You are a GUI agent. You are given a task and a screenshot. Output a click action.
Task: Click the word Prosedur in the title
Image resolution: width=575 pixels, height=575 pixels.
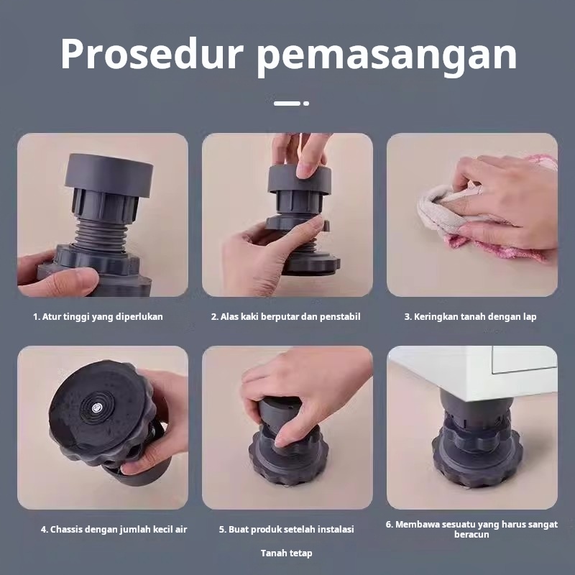pos(152,53)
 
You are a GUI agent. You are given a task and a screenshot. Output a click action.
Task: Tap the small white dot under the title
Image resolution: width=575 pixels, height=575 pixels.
pos(306,103)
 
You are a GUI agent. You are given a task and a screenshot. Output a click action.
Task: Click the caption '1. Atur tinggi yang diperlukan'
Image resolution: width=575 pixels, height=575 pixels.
pos(98,317)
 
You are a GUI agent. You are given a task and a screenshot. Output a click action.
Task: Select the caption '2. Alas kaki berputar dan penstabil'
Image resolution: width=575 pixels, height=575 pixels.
pos(285,317)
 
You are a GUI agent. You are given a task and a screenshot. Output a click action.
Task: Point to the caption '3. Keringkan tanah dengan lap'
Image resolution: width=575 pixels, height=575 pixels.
pos(471,317)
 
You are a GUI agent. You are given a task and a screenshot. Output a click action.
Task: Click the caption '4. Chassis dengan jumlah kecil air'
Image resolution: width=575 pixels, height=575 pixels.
pos(114,530)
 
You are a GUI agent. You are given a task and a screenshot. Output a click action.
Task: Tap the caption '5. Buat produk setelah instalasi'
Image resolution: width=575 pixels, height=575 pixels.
pos(286,530)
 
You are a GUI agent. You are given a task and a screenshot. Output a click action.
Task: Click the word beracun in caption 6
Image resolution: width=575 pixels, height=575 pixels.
pos(471,535)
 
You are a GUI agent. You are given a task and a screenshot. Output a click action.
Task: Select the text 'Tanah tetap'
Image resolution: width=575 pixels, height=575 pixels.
pos(286,553)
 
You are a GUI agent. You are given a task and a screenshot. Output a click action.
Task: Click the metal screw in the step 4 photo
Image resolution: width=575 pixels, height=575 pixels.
pos(97,408)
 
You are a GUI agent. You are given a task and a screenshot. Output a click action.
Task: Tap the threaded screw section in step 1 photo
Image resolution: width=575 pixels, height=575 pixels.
pos(101,236)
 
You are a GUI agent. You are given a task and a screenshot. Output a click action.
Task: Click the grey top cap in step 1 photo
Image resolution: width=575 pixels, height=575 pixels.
pos(109,175)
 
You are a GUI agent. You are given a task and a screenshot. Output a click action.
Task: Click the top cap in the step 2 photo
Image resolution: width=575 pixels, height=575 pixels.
pos(299,180)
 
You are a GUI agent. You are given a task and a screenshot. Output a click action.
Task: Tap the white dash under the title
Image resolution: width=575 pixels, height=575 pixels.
pos(287,103)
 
